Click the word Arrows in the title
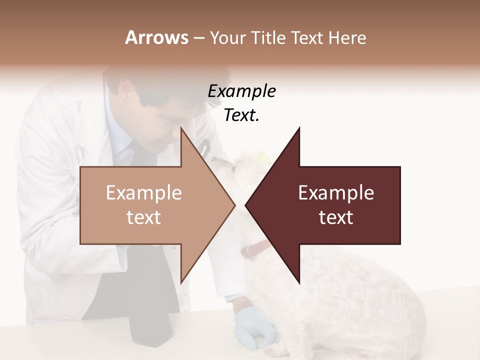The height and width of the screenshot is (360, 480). tap(156, 37)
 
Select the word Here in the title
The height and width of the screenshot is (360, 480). tap(347, 37)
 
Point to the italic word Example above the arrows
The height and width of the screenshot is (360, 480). tap(241, 91)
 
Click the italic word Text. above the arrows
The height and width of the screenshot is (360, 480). tap(241, 115)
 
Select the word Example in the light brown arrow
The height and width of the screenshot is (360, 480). tap(144, 193)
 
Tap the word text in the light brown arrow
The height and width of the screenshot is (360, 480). tap(144, 217)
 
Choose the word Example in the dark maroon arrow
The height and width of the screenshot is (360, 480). tap(336, 193)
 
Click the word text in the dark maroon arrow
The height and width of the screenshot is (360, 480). tap(336, 217)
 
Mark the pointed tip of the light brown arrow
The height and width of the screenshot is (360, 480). tap(234, 205)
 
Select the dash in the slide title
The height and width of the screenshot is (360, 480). tap(198, 38)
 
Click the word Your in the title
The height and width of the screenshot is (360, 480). tap(228, 37)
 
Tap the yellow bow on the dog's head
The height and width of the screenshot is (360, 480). tap(260, 154)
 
